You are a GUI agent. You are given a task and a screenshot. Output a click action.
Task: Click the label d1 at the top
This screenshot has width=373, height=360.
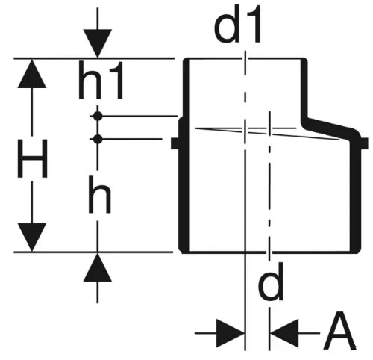point(237,24)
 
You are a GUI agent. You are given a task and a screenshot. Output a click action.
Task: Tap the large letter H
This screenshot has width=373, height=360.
point(32,158)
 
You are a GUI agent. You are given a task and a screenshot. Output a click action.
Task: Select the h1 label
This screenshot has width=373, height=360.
point(101,80)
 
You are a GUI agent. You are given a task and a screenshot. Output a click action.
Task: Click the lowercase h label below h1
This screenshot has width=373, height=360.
point(99,194)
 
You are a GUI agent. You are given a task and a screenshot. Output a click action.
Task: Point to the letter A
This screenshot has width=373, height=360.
point(339,330)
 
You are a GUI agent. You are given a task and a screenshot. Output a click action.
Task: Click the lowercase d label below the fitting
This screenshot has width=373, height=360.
point(271,282)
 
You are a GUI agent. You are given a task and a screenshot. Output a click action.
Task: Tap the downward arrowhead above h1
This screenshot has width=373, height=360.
point(98,43)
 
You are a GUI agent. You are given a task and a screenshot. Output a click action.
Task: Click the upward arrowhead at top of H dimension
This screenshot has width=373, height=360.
point(32,73)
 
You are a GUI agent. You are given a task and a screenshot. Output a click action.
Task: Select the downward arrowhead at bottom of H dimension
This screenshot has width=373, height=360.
point(32,237)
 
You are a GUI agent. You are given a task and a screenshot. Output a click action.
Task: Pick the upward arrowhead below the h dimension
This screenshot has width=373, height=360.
point(98,267)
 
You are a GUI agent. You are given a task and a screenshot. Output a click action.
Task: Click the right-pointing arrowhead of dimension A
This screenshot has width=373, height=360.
point(230,333)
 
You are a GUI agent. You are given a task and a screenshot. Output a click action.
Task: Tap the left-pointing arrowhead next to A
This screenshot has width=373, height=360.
point(285,333)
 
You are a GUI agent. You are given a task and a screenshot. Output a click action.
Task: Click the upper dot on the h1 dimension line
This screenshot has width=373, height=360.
point(98,116)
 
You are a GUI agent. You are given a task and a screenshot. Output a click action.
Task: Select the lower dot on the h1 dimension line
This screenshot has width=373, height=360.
point(98,139)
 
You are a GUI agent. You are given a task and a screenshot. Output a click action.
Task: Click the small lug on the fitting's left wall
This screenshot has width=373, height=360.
point(175,143)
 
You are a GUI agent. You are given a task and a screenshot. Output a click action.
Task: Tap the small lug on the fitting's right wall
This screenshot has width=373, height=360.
point(364,143)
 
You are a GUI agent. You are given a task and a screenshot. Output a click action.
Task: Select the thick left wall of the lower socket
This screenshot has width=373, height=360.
point(184,185)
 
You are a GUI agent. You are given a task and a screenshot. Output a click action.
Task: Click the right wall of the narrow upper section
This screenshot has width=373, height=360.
point(304,88)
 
